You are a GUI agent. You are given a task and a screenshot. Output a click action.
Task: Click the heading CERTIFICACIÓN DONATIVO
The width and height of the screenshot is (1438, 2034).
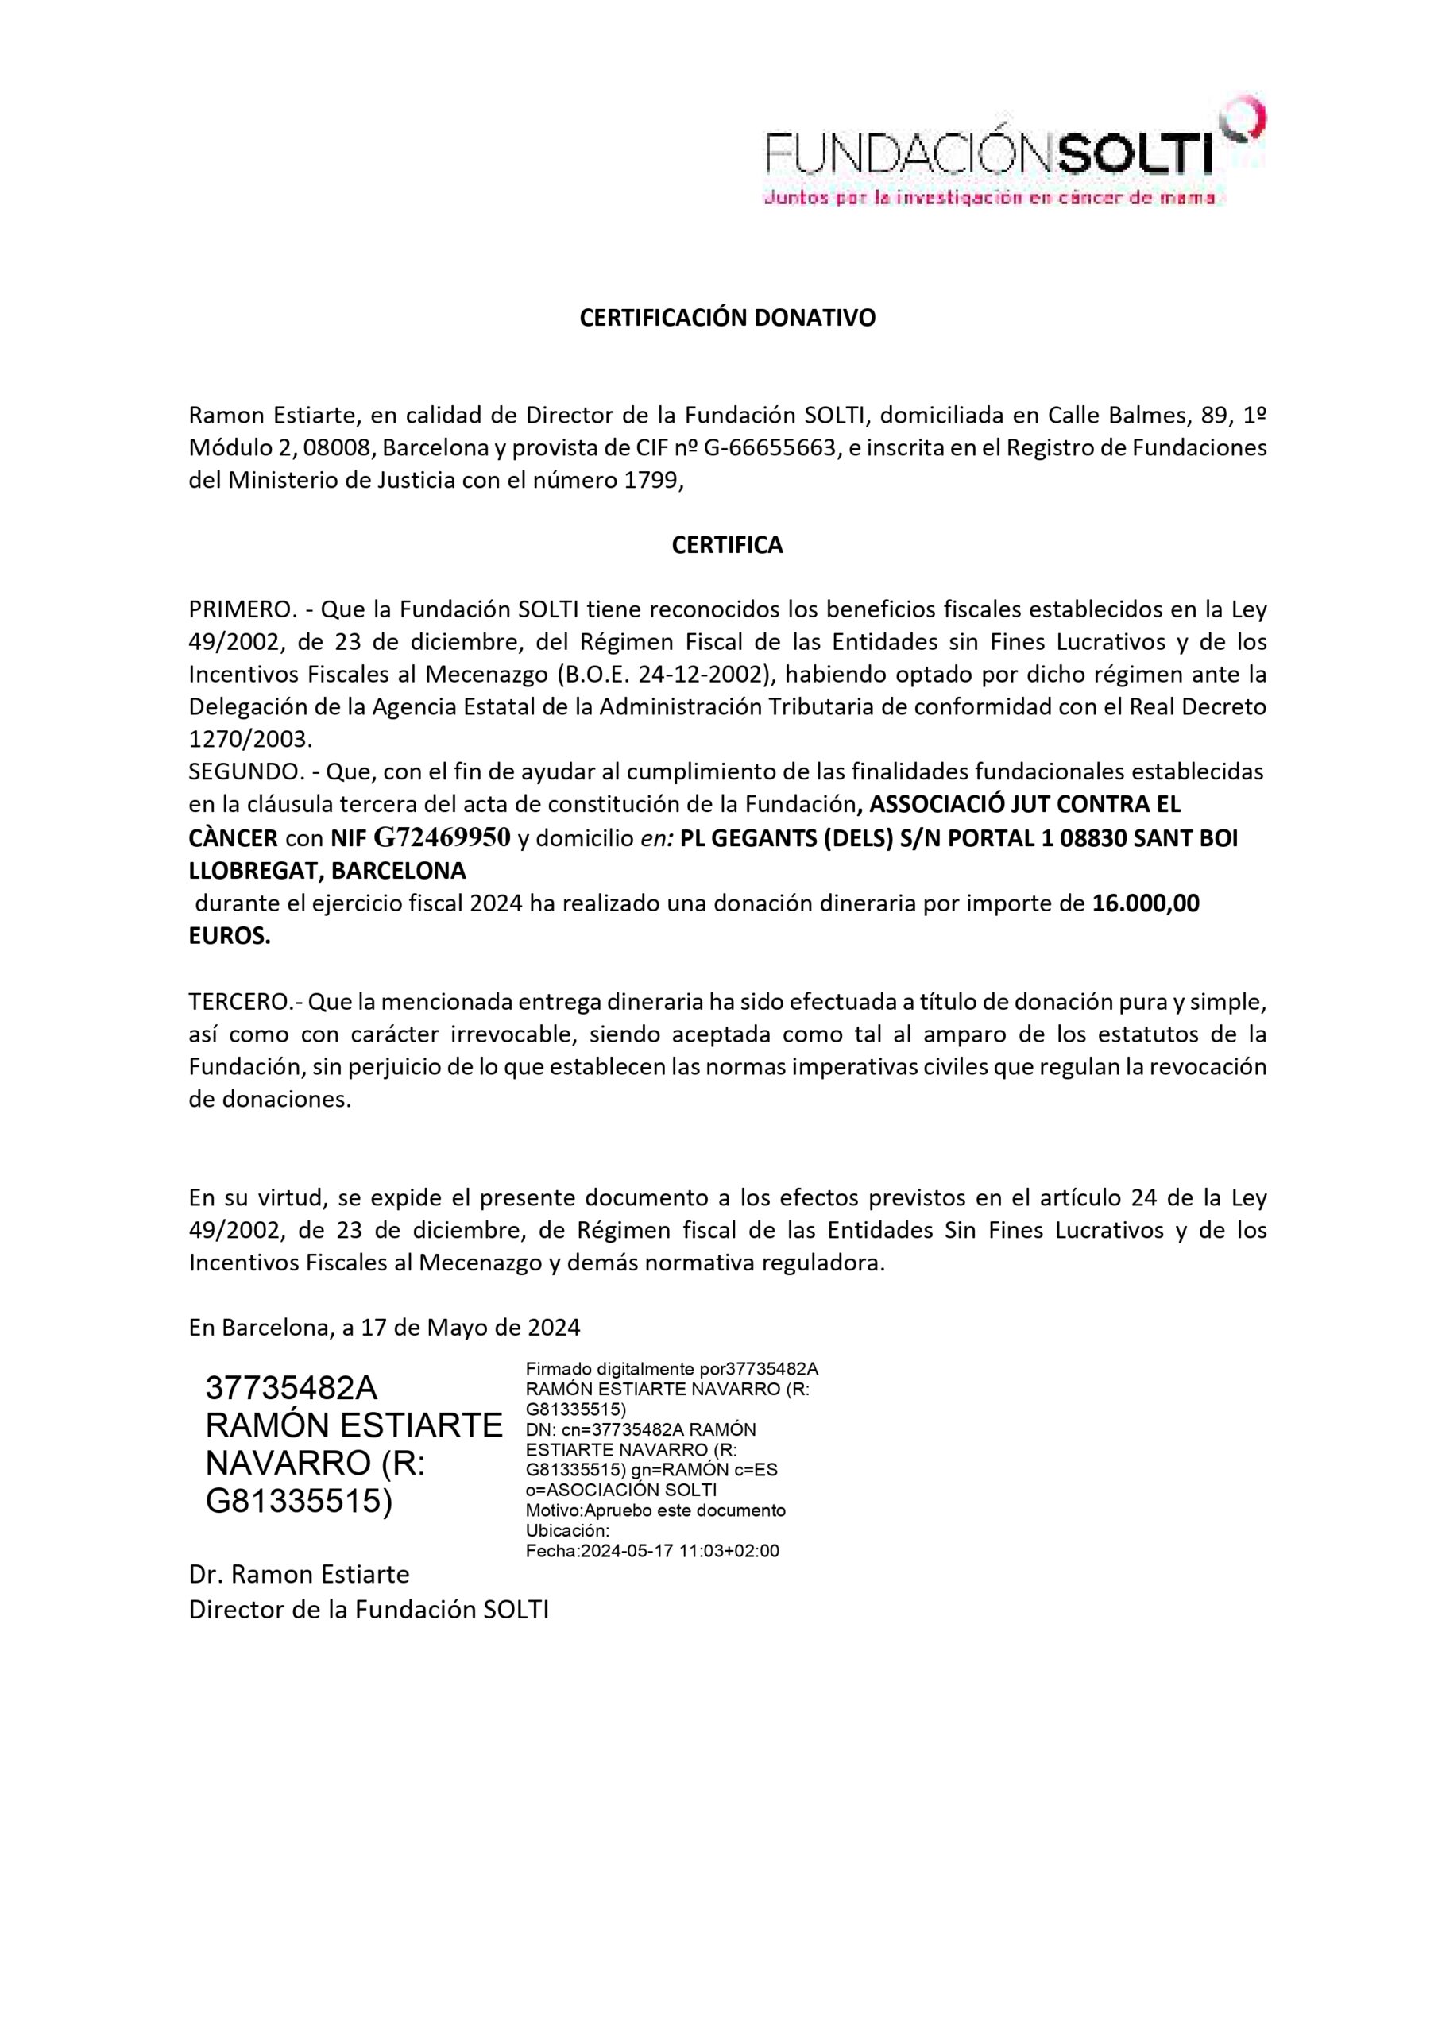[x=726, y=318]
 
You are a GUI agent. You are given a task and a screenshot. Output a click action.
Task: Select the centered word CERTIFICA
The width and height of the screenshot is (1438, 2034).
[x=726, y=545]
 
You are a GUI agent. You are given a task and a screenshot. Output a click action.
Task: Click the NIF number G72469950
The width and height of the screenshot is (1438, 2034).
[x=443, y=837]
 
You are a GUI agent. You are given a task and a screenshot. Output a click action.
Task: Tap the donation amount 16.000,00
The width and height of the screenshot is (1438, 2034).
[x=1146, y=903]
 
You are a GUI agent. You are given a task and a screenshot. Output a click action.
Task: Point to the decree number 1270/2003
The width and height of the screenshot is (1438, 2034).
[x=249, y=740]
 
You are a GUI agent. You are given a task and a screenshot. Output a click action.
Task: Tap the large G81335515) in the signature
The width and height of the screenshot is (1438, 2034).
[x=299, y=1502]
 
